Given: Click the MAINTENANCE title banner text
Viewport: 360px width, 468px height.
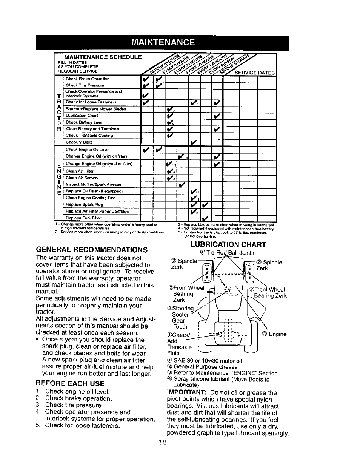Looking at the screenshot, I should click(163, 42).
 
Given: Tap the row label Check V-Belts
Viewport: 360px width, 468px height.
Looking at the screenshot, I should click(79, 142).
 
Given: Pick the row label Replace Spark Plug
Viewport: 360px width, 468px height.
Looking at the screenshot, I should click(85, 204).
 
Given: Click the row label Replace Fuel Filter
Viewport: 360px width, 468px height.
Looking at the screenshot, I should click(83, 218).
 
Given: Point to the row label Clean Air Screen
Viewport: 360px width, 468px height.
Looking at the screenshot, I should click(82, 178).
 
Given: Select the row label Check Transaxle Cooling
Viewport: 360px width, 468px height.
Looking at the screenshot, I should click(89, 135).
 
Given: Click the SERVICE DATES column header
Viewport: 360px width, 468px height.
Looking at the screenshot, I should click(255, 73).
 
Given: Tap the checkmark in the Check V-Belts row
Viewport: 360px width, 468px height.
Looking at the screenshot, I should click(194, 142).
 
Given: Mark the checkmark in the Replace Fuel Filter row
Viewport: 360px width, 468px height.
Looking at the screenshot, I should click(205, 218).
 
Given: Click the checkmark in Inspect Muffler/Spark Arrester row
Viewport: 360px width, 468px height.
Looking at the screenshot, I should click(183, 184).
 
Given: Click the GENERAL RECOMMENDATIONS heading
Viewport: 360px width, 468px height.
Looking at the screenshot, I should click(92, 250).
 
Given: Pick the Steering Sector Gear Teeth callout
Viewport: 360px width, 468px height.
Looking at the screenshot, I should click(180, 317).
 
